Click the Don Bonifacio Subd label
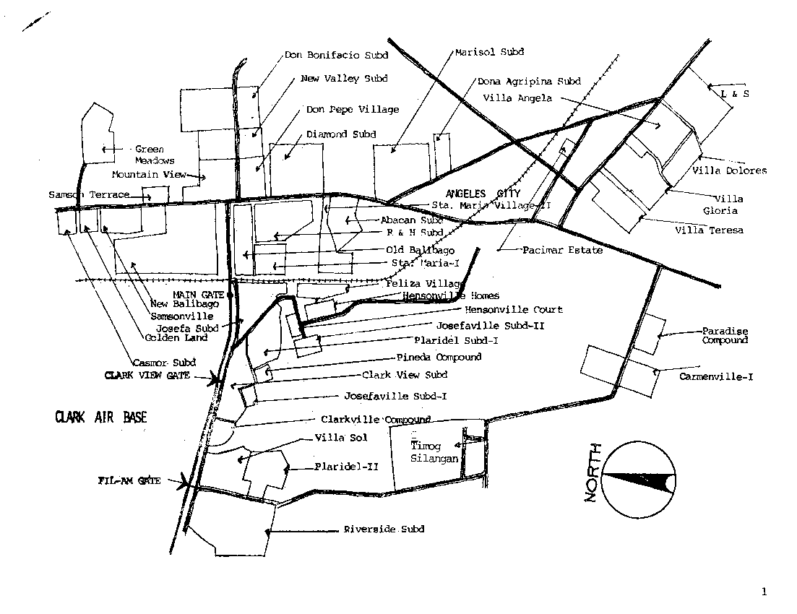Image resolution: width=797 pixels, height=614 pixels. [x=336, y=55]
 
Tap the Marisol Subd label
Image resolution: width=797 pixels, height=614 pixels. [x=489, y=52]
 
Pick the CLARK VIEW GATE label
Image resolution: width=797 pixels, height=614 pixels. [x=147, y=376]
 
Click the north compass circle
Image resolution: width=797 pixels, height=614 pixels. [x=639, y=480]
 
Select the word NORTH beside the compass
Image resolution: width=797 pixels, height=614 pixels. [x=593, y=473]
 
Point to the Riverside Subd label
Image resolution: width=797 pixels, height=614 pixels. [x=384, y=529]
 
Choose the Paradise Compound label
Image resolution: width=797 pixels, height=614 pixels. [x=725, y=336]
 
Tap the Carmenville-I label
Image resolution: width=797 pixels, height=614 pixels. [x=716, y=376]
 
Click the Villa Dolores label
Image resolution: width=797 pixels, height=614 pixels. [x=729, y=171]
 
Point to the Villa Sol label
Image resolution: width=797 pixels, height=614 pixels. [x=341, y=438]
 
